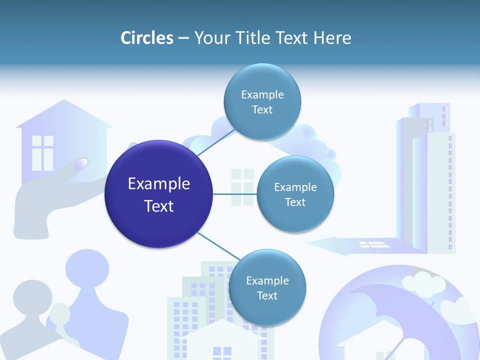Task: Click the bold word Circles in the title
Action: pos(147,38)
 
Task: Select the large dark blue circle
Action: pos(159,194)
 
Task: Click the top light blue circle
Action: pos(262,101)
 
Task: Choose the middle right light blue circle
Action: pos(295,194)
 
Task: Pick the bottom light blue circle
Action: pos(267,287)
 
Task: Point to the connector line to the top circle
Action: pos(216,142)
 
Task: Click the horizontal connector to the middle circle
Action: pos(235,194)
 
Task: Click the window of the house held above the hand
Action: pos(42,152)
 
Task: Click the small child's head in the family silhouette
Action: pos(60,313)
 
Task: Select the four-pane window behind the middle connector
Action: pos(242,186)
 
